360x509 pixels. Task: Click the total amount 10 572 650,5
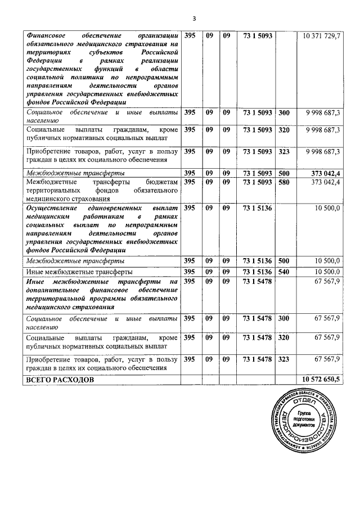[x=321, y=380]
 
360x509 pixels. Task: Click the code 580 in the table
[x=284, y=182]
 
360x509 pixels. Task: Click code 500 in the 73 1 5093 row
[x=284, y=173]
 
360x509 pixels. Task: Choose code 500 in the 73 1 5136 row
[x=284, y=261]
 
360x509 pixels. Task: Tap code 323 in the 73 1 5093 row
[x=284, y=151]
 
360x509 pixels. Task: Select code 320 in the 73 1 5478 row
[x=284, y=338]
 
